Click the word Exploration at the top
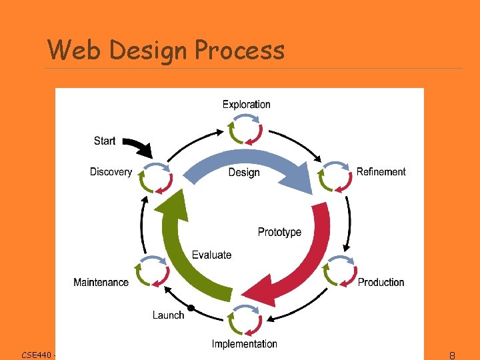246,104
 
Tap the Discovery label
111,172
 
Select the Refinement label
381,172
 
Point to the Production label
381,282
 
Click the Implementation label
244,344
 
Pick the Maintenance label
101,282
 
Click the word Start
105,141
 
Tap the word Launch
168,315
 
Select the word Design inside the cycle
244,172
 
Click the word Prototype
279,232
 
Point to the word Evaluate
211,255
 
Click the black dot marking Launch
191,307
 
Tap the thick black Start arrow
139,146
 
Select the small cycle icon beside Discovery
156,178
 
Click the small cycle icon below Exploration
245,130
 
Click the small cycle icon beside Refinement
335,177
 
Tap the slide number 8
452,355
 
